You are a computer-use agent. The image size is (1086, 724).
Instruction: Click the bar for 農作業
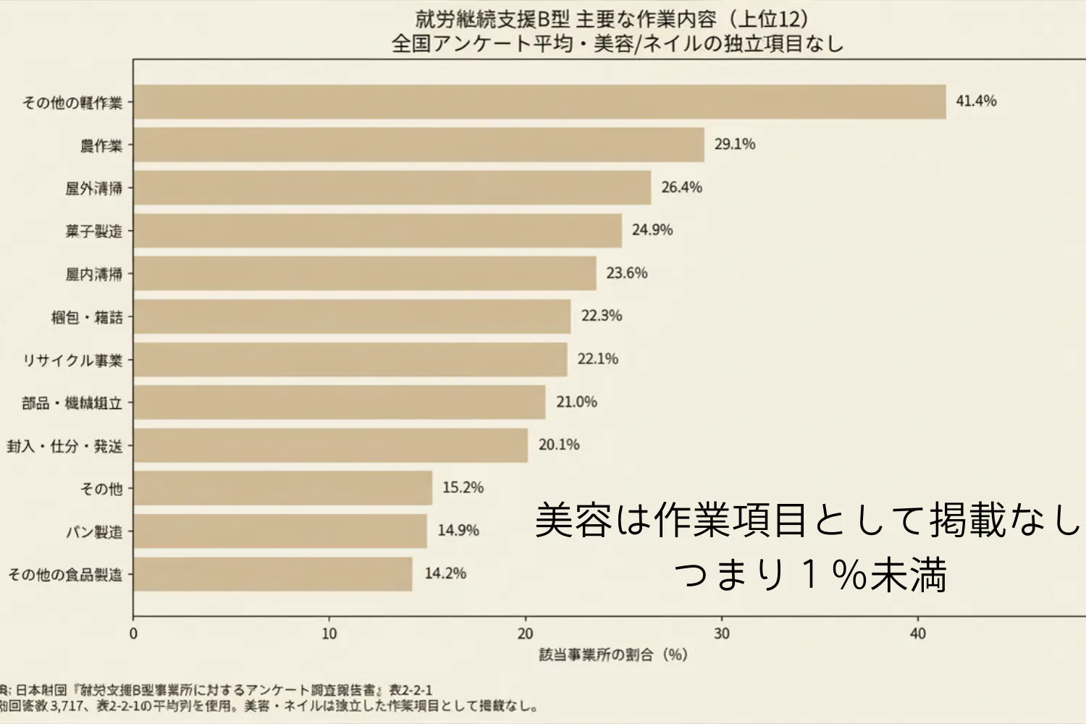[418, 145]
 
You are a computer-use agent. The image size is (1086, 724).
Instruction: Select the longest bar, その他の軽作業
[539, 102]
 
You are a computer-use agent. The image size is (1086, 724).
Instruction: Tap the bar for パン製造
[280, 531]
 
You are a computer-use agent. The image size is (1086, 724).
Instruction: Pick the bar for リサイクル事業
[350, 360]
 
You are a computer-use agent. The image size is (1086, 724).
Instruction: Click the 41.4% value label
[976, 101]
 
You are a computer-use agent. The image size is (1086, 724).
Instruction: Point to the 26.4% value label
[681, 188]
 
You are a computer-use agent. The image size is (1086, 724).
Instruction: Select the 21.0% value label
[576, 402]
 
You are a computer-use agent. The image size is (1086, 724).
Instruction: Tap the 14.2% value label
[445, 573]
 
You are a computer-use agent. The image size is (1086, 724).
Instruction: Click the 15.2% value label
[463, 488]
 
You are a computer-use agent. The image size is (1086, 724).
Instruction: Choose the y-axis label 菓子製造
[94, 232]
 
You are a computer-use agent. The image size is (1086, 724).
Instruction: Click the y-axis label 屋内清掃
[94, 274]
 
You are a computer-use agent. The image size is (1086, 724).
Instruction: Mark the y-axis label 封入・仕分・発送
[65, 446]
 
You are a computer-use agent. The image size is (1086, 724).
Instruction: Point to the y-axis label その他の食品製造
[65, 575]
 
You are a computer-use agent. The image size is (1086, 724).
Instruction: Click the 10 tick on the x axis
[329, 634]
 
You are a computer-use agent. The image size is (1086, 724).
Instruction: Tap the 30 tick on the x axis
[722, 634]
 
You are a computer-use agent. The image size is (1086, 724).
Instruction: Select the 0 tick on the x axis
[133, 634]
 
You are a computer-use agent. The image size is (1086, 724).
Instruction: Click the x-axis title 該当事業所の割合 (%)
[613, 655]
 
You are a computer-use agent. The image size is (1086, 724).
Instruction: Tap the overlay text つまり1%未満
[810, 576]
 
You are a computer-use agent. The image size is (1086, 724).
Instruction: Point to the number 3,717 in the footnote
[70, 706]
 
